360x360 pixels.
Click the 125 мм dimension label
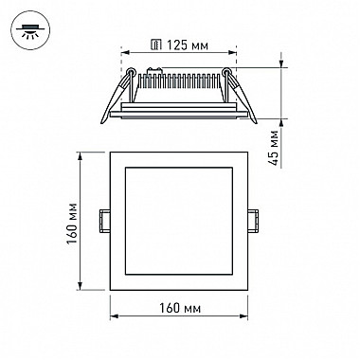click(x=188, y=45)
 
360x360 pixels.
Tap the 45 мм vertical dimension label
click(x=274, y=148)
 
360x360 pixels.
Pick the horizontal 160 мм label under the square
click(x=179, y=308)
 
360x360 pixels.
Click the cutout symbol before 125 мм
click(x=156, y=45)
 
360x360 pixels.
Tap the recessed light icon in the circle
click(x=30, y=30)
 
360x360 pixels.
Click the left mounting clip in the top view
click(x=104, y=221)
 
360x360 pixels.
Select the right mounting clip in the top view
click(x=253, y=221)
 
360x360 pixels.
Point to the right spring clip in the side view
click(x=240, y=95)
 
